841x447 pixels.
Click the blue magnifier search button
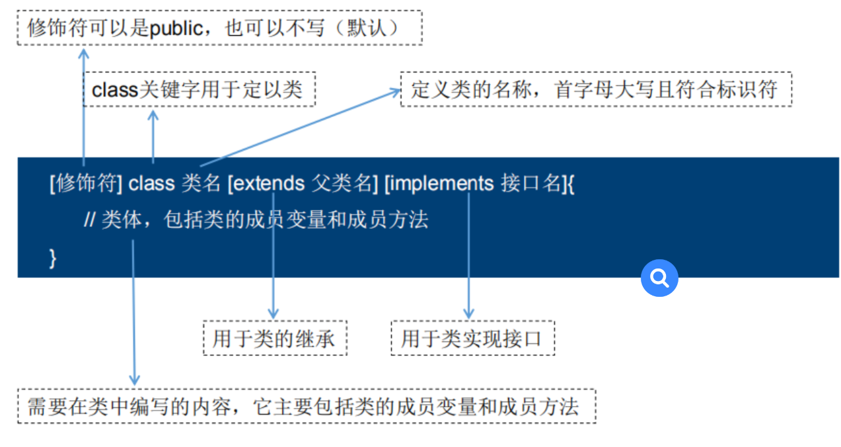[x=659, y=278]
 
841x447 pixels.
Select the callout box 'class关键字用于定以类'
[x=199, y=89]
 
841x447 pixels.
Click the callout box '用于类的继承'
[x=274, y=339]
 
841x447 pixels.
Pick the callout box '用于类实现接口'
[x=472, y=339]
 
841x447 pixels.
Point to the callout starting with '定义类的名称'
[x=595, y=89]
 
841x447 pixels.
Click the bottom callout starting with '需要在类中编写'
[x=306, y=407]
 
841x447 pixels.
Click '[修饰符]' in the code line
[x=85, y=183]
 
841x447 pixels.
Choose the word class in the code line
[x=151, y=183]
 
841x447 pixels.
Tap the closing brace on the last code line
[x=53, y=259]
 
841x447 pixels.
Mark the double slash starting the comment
[x=90, y=220]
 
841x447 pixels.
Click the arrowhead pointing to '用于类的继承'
[x=273, y=313]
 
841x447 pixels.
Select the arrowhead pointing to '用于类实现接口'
[x=469, y=313]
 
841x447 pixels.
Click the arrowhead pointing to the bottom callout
[x=134, y=380]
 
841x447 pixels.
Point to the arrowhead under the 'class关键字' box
[x=153, y=115]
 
